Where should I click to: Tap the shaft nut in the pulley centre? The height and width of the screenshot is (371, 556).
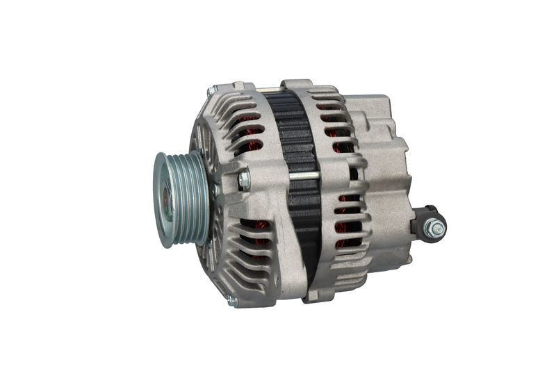pyautogui.click(x=167, y=199)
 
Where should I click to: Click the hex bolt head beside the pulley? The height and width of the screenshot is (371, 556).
pyautogui.click(x=243, y=181)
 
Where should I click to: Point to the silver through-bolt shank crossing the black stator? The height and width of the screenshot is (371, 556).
pyautogui.click(x=304, y=176)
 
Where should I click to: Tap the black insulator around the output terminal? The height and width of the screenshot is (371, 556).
pyautogui.click(x=421, y=221)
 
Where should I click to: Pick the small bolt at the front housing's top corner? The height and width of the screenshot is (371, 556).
pyautogui.click(x=211, y=91)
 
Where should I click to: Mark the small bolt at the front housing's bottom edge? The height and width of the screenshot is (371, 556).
pyautogui.click(x=232, y=301)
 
